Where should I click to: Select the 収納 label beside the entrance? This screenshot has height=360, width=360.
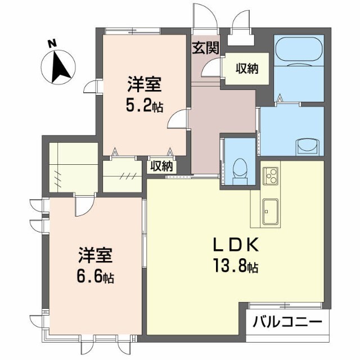coord(246,69)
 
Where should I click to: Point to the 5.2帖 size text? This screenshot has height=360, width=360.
coord(144,105)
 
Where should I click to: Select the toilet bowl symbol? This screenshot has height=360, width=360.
coord(239,169)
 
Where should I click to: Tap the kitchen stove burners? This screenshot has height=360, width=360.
coord(269,175)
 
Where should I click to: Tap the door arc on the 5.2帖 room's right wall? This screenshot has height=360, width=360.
coord(178,120)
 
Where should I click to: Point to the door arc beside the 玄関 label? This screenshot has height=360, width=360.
coord(211,67)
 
